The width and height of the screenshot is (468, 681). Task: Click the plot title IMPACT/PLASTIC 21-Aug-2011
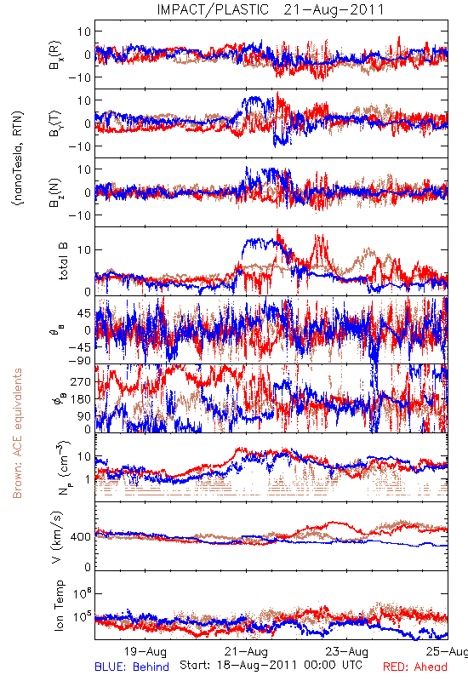point(271,9)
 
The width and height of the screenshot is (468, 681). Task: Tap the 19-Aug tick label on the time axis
point(145,651)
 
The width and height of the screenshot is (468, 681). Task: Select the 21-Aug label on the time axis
point(246,651)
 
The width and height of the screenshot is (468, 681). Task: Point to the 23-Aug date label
point(346,651)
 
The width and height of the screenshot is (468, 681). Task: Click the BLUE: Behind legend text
point(132,667)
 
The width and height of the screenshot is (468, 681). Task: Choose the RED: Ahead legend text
point(414,667)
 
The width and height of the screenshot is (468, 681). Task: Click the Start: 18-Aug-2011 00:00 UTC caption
point(271,665)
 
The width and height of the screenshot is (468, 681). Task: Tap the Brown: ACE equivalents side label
point(16,433)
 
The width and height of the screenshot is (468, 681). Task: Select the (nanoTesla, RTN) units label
point(18,158)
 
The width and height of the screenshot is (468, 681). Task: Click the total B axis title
point(63,261)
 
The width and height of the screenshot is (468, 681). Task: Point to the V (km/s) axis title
point(57,537)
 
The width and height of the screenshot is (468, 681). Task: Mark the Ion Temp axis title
point(59,605)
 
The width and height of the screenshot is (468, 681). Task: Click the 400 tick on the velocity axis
point(80,537)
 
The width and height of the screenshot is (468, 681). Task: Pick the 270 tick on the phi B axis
point(81,381)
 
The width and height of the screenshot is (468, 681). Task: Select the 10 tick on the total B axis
point(84,249)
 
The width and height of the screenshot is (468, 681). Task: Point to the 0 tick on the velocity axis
point(88,567)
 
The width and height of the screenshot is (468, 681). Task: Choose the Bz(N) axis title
point(54,192)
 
